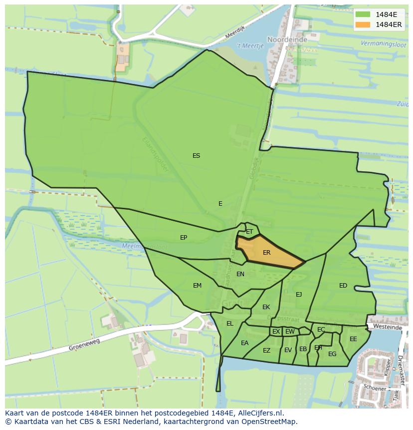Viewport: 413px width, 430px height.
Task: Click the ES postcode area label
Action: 196,156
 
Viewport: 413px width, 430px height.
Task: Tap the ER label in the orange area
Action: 266,253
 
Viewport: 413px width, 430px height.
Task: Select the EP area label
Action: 184,238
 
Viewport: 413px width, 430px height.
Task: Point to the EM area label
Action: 197,286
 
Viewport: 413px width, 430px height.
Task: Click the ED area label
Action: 343,286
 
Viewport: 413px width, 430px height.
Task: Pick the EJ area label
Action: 299,295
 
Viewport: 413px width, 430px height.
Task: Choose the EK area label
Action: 266,307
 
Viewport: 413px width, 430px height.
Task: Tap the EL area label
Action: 229,324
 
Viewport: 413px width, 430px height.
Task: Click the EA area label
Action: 244,343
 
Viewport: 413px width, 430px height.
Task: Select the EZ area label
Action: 266,351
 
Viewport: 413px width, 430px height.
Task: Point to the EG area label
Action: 332,354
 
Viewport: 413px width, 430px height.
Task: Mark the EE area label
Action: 353,339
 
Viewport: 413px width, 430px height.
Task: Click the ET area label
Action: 249,232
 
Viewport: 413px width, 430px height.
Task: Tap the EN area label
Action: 240,274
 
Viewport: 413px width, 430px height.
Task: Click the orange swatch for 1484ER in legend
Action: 363,24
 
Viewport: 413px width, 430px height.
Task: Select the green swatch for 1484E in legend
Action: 363,14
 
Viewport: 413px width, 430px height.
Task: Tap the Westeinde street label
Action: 387,327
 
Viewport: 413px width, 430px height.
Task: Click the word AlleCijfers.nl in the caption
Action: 259,413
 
